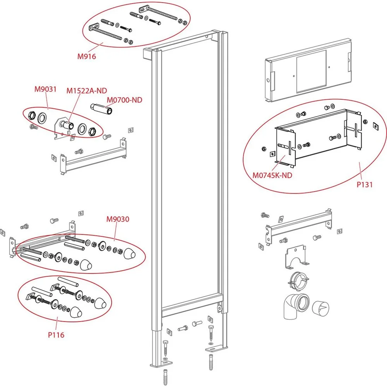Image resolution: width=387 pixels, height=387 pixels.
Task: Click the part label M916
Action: click(87, 57)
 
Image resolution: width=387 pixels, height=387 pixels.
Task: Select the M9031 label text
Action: click(45, 89)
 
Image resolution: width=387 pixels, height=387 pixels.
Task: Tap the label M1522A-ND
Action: click(87, 91)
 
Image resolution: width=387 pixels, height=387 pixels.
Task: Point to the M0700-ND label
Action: click(124, 100)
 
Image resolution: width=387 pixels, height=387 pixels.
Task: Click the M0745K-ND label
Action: click(272, 175)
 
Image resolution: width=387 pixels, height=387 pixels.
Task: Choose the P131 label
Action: click(365, 184)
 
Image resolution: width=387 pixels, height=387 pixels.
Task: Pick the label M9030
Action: click(118, 219)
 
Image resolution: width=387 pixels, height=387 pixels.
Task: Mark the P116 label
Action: click(56, 335)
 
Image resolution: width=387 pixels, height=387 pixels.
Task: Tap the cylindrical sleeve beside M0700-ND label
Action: click(101, 108)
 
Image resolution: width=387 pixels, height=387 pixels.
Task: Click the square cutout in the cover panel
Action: click(312, 71)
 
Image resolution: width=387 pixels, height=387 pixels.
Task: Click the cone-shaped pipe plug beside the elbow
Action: click(320, 308)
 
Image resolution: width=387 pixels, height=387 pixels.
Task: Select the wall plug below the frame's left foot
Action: click(165, 377)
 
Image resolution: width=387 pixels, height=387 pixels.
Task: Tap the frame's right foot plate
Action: click(216, 348)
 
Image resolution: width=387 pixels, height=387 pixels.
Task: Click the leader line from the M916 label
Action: click(95, 47)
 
